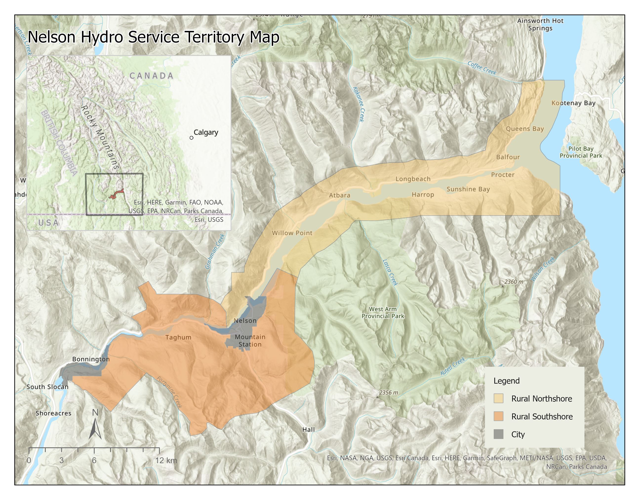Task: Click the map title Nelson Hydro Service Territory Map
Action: [153, 37]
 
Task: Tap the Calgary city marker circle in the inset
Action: [191, 138]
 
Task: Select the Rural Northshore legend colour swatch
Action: [498, 398]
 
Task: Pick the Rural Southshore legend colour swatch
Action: [498, 416]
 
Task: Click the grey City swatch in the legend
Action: [498, 434]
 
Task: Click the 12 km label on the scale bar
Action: [166, 460]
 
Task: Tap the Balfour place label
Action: [508, 157]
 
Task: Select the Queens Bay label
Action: [525, 129]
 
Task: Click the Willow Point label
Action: [292, 233]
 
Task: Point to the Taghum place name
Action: [178, 337]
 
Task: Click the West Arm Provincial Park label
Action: [383, 313]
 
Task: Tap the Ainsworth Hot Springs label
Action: [540, 24]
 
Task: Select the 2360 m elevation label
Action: [514, 281]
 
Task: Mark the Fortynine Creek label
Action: [169, 392]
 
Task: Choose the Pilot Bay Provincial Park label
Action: [581, 152]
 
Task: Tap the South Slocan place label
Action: [47, 387]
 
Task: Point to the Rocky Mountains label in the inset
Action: [100, 137]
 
